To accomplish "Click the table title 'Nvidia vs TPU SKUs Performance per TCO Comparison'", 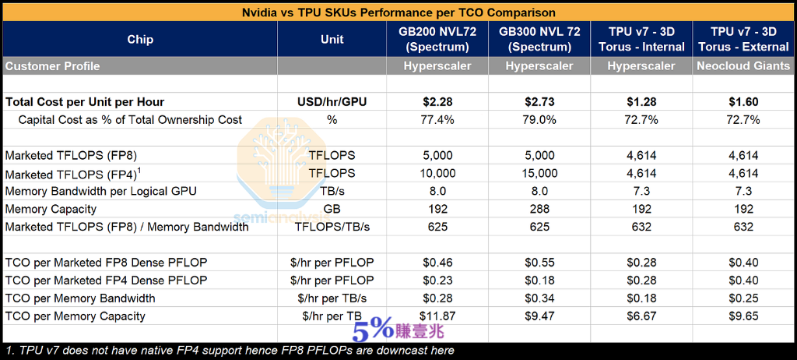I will click(398, 12).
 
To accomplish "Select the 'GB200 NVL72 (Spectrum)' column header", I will click(437, 40).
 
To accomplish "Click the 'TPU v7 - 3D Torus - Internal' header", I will click(641, 40).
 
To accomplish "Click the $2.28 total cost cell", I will click(437, 102).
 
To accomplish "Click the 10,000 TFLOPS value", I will click(437, 173).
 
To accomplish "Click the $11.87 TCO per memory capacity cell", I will click(437, 316).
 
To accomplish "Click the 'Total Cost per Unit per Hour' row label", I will click(85, 102).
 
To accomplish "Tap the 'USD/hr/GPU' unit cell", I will click(332, 102).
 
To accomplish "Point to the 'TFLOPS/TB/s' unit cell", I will click(332, 227).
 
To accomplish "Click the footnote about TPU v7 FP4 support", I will click(230, 351).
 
